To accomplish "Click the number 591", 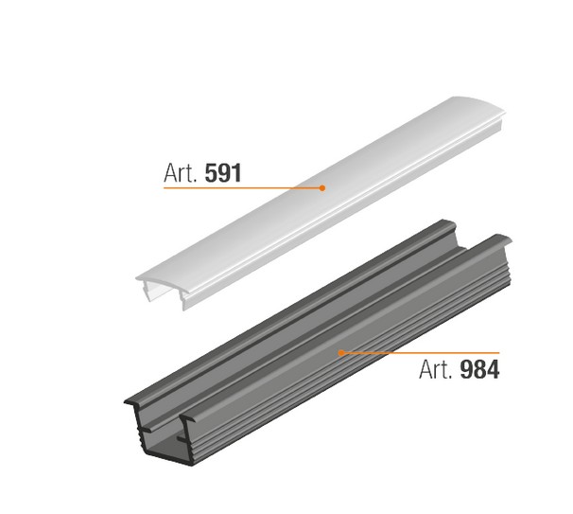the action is pos(223,173).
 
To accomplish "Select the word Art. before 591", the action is pos(181,173).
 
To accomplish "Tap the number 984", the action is pos(479,369).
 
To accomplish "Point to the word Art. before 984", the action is pos(436,369).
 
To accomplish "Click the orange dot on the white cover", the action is pos(321,188).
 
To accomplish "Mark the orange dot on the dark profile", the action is pos(341,353).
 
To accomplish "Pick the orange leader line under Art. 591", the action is pos(243,188).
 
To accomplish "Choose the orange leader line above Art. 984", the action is pos(420,353).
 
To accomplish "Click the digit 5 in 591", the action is pos(211,173).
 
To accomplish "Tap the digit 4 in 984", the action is pos(493,369).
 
